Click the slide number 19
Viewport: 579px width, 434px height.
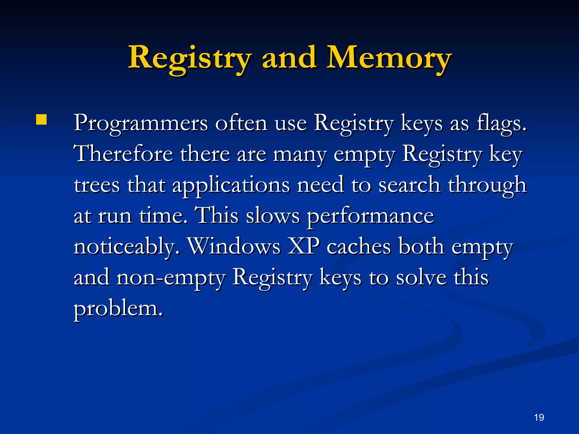(539, 417)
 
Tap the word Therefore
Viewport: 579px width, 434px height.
(123, 154)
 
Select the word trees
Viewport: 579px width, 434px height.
(97, 185)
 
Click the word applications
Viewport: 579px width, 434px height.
(231, 185)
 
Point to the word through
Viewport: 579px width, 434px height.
(487, 185)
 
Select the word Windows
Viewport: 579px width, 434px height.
(234, 246)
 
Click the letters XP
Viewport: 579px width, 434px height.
(304, 246)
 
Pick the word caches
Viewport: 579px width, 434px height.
(359, 246)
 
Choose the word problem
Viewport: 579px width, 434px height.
(118, 309)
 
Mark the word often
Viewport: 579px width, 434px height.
(241, 123)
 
